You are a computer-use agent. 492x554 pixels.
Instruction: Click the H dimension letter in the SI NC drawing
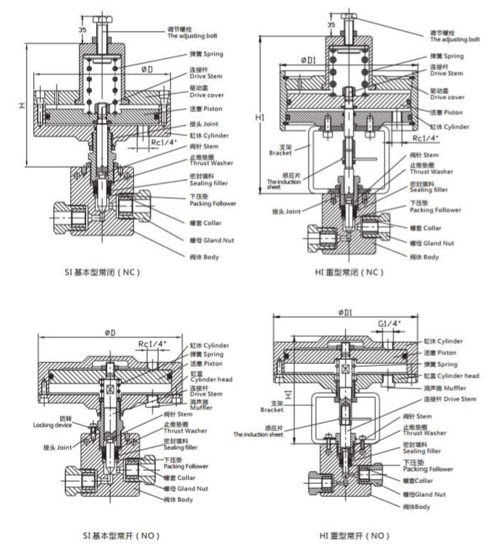click(22, 106)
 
